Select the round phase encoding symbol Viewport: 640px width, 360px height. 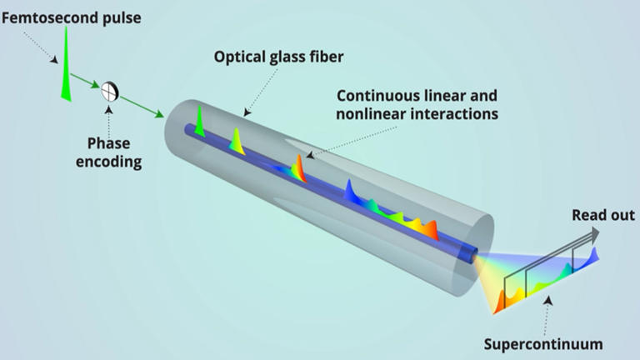point(108,91)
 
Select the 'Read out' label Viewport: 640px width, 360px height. point(602,216)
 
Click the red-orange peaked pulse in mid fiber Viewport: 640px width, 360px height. point(298,168)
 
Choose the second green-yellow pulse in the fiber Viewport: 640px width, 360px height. point(237,137)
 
